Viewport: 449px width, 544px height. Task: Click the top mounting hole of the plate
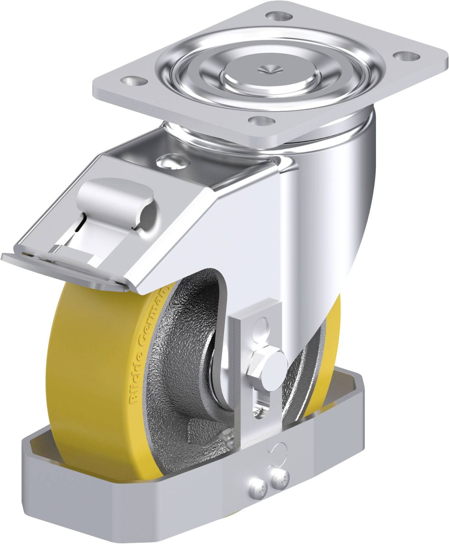point(278,15)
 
